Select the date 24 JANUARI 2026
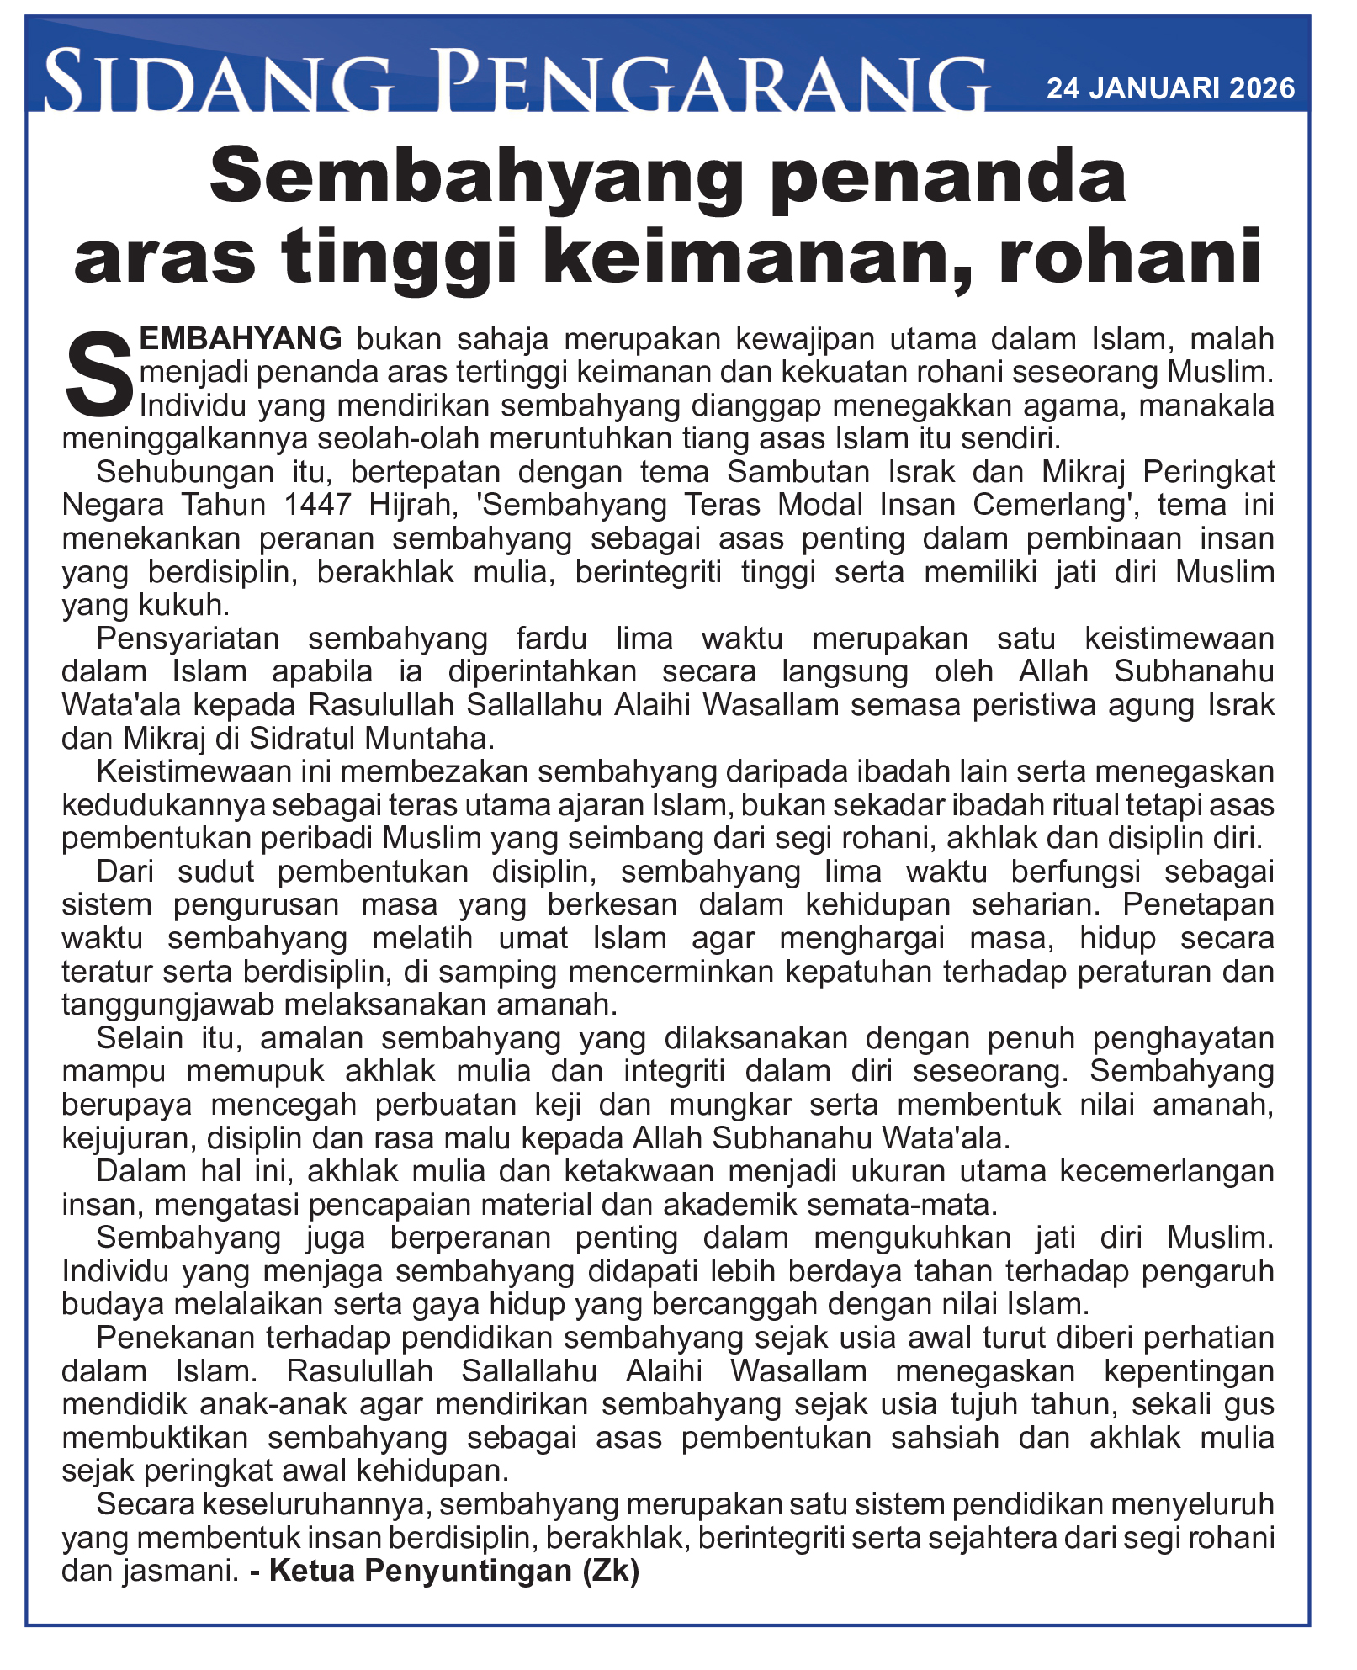point(1170,88)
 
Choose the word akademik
point(729,1205)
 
